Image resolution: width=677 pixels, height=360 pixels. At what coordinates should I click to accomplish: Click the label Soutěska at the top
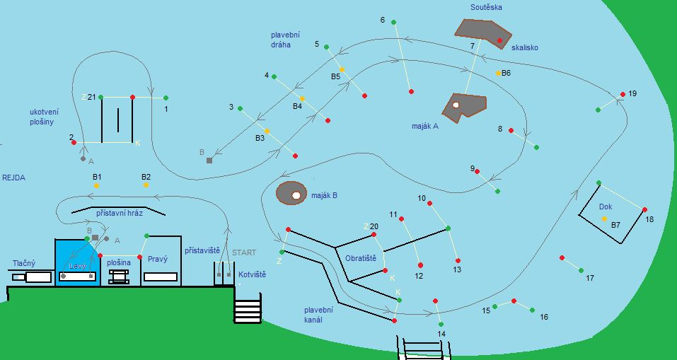pos(486,7)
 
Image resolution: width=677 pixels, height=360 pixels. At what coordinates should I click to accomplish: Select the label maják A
pos(425,126)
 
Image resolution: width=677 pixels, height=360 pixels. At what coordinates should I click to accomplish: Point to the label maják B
pos(324,195)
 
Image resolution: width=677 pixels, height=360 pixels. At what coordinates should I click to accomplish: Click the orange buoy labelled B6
pos(498,73)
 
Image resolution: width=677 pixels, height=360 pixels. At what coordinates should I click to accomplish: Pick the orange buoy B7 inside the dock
pos(604,219)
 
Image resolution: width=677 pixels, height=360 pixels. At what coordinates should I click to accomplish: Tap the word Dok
pos(605,207)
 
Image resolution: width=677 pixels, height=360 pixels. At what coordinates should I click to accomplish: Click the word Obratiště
pos(361,258)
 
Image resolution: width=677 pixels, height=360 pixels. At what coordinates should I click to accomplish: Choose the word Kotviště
pos(253,274)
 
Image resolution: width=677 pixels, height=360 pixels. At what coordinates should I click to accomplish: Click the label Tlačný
pos(24,263)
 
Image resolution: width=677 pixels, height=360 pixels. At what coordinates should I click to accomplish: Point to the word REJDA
pos(13,178)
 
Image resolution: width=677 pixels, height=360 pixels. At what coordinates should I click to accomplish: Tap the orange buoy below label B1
pos(96,185)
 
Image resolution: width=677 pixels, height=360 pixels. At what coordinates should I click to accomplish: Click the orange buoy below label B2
pos(146,185)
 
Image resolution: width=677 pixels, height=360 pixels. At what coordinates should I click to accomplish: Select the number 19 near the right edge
pos(632,93)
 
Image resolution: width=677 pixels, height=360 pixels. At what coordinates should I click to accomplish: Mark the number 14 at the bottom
pos(441,334)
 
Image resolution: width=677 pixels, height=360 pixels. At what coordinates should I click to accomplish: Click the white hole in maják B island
pos(296,195)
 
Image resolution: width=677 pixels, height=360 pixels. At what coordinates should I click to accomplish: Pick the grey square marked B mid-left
pos(209,161)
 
